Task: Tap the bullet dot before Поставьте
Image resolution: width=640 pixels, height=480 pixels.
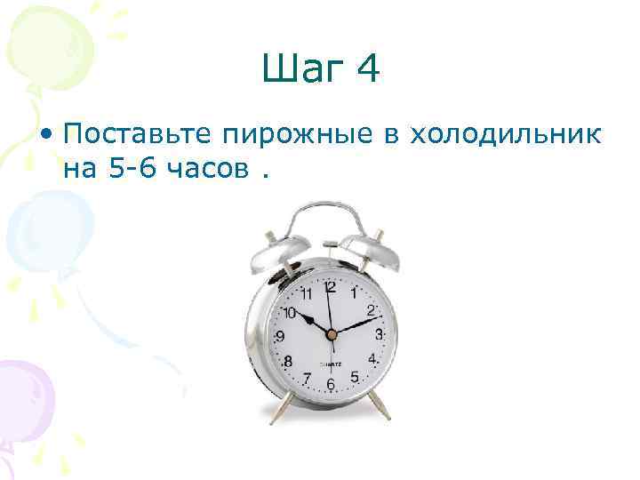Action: [45, 134]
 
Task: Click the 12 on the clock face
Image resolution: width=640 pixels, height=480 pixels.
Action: [329, 287]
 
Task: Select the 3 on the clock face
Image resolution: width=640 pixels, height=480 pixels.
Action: [380, 335]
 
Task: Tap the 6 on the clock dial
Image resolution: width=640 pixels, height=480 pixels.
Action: [330, 384]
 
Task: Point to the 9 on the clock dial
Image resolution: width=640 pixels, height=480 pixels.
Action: [280, 337]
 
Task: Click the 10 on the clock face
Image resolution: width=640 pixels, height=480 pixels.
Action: [289, 312]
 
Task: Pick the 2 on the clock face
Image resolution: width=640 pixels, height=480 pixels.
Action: [372, 308]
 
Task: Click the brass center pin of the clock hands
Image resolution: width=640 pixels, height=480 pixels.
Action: [331, 334]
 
